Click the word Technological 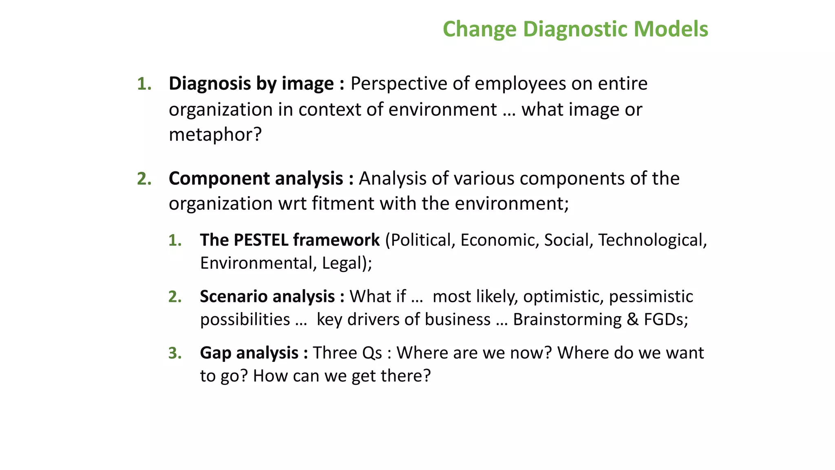click(652, 240)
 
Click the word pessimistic click(651, 297)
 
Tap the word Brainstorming click(567, 319)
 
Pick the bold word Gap click(215, 353)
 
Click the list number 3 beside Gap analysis click(174, 353)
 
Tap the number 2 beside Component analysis click(144, 179)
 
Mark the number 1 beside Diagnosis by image click(144, 84)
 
